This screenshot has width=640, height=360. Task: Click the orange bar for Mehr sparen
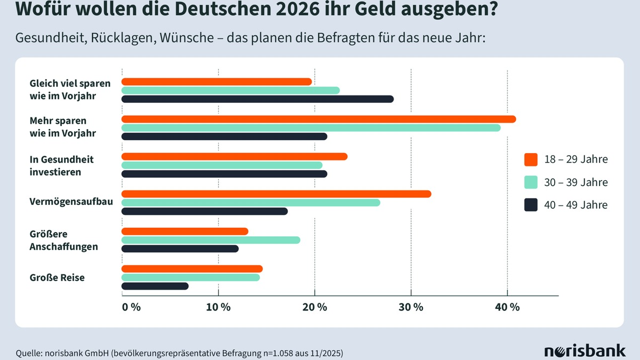pos(318,119)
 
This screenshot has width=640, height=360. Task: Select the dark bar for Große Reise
pos(155,286)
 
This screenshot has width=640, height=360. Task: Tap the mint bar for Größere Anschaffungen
pos(211,240)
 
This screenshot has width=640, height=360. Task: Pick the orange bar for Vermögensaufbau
pos(276,194)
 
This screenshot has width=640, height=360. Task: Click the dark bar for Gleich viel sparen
pos(257,99)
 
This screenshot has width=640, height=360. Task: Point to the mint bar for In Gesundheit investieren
pos(222,165)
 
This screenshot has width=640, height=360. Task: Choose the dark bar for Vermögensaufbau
pos(204,211)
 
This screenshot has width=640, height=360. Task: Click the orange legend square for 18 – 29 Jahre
pos(531,159)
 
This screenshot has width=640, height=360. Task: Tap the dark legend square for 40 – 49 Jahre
pos(531,205)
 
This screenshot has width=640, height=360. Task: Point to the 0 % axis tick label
pos(131,308)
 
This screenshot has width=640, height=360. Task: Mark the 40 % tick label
pos(507,308)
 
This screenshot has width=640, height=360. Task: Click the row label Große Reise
pos(57,277)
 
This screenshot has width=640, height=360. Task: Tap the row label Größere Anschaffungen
pos(64,241)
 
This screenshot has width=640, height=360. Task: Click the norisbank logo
pos(585,351)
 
